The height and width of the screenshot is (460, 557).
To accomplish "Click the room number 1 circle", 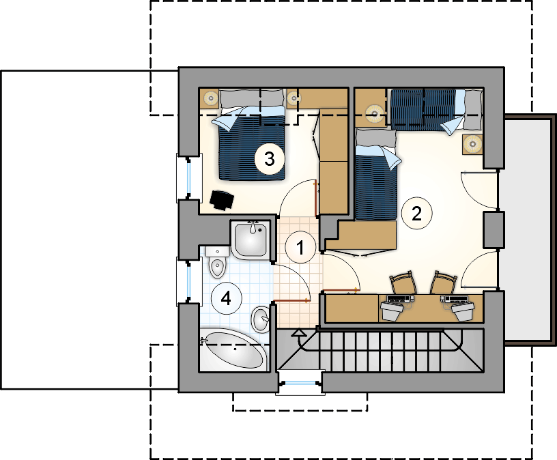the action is (300, 248).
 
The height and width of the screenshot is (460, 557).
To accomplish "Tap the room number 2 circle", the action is (416, 213).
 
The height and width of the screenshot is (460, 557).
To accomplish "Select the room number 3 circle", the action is (270, 158).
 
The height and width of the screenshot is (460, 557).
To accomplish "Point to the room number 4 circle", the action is (227, 298).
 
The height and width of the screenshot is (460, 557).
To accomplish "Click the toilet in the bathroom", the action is (217, 262).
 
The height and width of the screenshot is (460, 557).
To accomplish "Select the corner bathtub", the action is (233, 350).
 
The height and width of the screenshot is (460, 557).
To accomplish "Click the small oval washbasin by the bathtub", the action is (261, 319).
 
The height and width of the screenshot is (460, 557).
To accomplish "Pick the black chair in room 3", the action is (222, 200).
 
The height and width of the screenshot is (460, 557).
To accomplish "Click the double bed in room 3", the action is (252, 134).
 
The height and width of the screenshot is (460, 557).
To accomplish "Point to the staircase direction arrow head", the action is (298, 333).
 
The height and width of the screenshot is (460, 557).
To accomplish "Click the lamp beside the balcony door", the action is (472, 144).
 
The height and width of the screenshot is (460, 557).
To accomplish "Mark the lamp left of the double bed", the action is (211, 98).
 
